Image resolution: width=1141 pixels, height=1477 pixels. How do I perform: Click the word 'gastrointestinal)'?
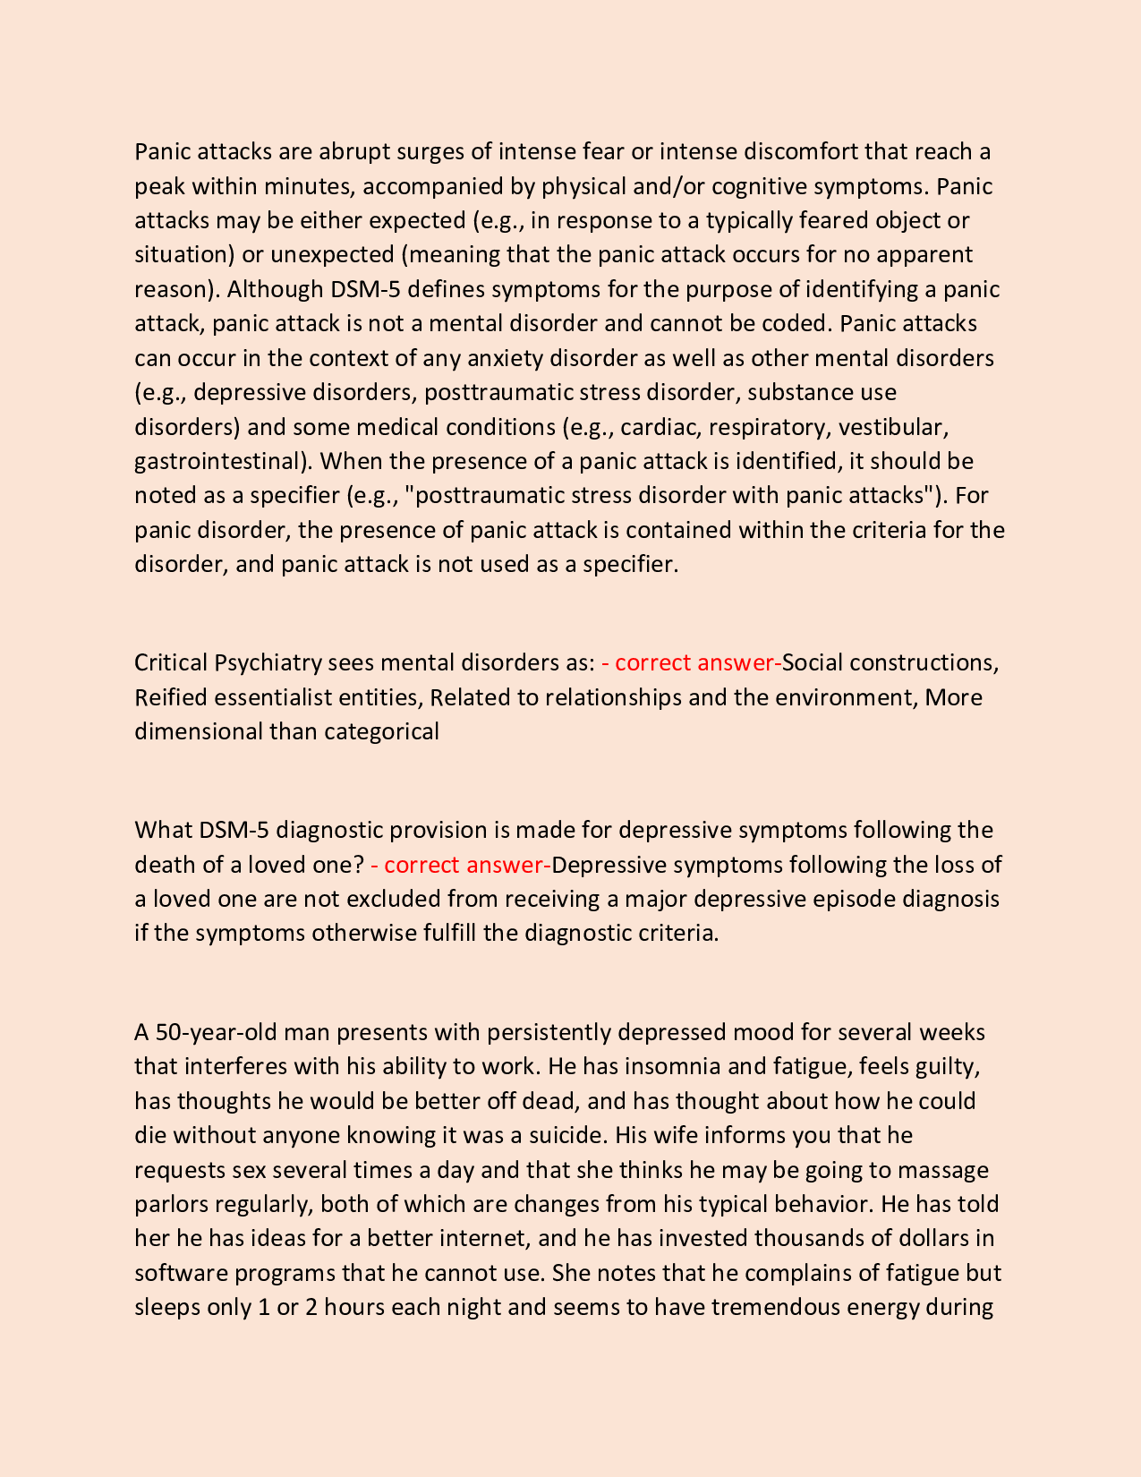[x=223, y=461]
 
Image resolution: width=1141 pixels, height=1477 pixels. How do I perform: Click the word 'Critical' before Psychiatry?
[x=171, y=662]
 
